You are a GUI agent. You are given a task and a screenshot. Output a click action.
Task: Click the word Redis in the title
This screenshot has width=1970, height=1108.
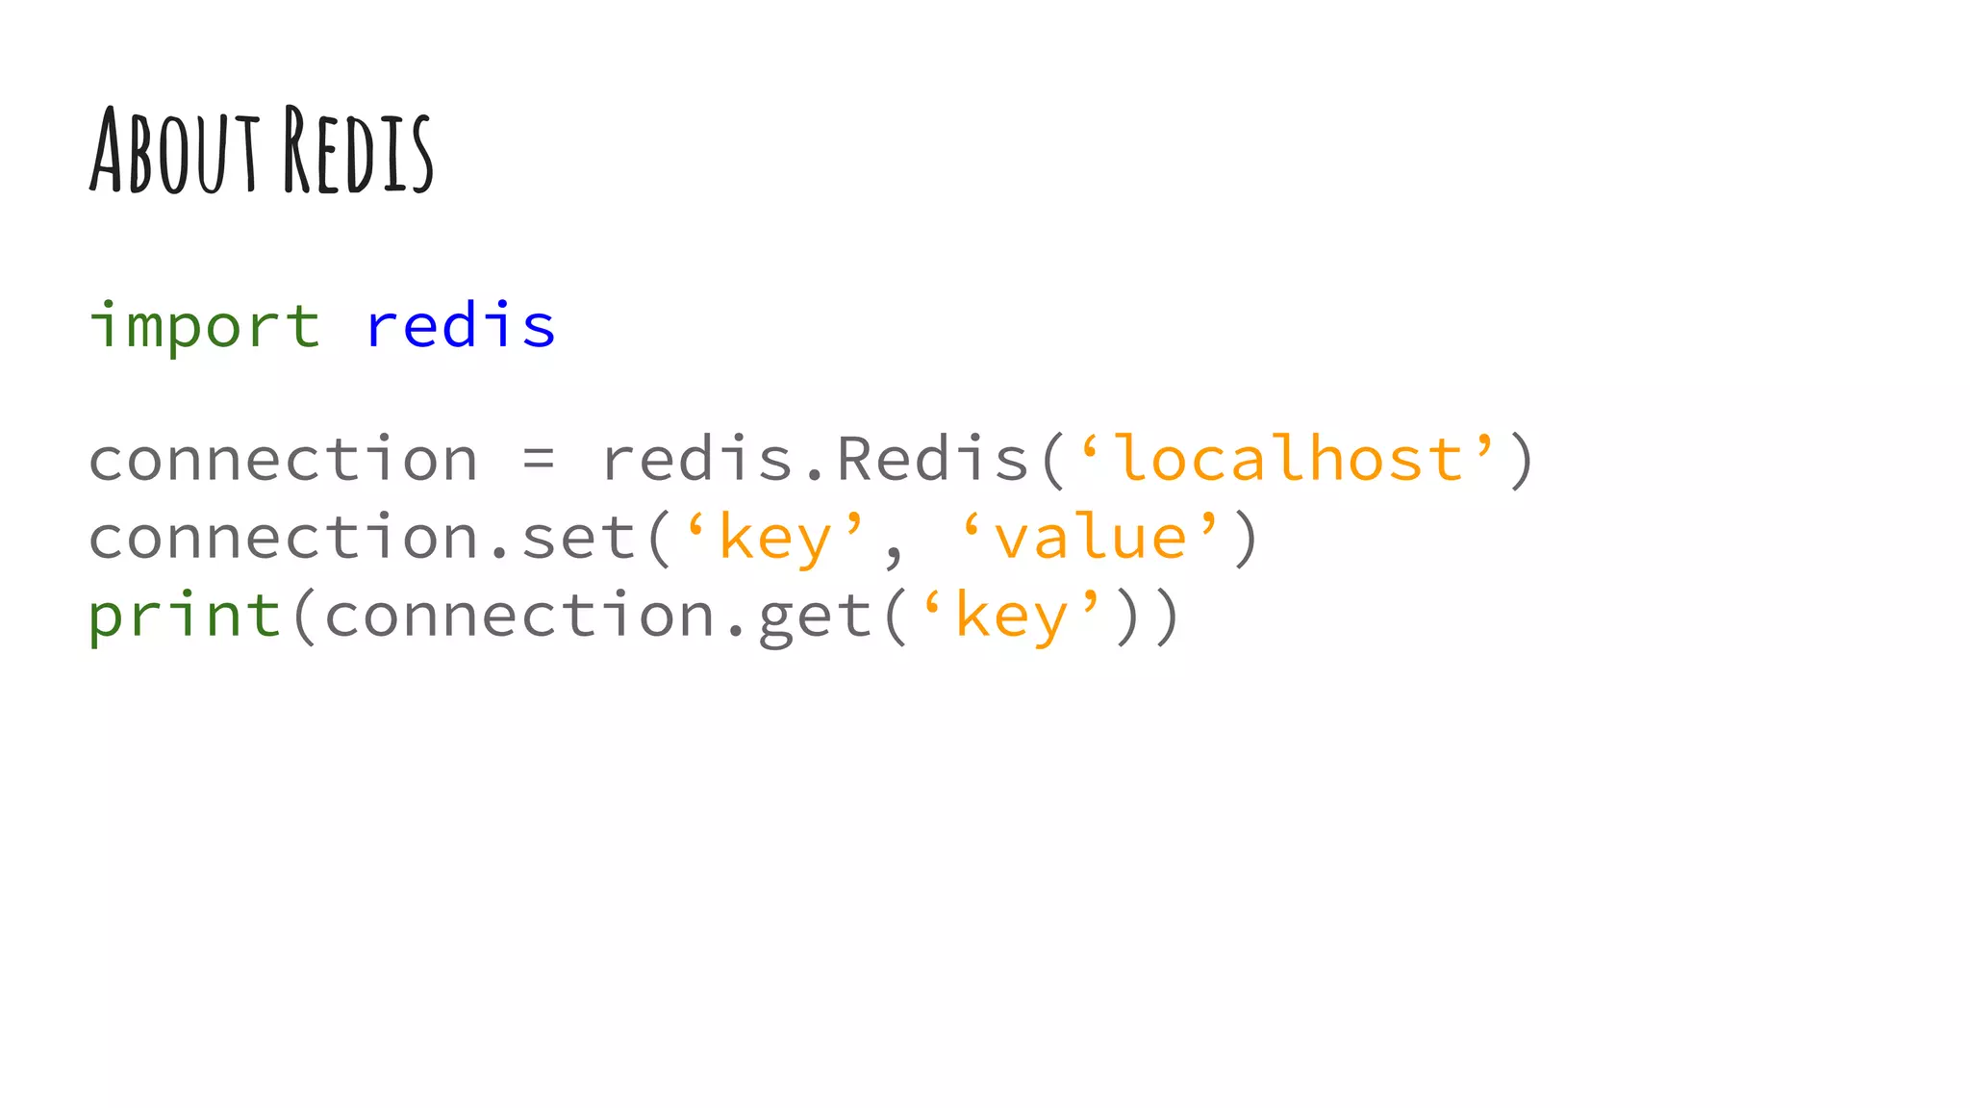[358, 152]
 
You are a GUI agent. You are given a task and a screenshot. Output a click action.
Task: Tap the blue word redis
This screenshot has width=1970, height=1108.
[461, 325]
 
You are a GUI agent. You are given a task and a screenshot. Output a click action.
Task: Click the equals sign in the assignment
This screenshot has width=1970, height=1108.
[539, 460]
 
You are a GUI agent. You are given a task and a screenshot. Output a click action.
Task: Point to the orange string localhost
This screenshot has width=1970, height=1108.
[1289, 459]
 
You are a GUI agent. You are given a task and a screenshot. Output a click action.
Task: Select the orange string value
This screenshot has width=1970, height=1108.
[1091, 538]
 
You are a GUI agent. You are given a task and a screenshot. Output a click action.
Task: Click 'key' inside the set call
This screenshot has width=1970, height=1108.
[775, 538]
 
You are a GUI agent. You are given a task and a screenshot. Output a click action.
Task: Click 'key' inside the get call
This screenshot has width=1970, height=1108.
[1012, 617]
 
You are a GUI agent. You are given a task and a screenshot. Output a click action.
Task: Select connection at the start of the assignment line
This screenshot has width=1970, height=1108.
[283, 460]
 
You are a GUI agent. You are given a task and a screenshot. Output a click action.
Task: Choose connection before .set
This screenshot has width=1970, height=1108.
[283, 538]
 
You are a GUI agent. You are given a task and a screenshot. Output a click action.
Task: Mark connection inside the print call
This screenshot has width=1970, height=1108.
[519, 617]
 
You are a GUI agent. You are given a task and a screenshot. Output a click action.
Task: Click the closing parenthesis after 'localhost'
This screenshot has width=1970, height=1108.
[1522, 460]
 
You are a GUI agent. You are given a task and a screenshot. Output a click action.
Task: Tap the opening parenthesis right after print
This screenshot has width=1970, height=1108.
[303, 617]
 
